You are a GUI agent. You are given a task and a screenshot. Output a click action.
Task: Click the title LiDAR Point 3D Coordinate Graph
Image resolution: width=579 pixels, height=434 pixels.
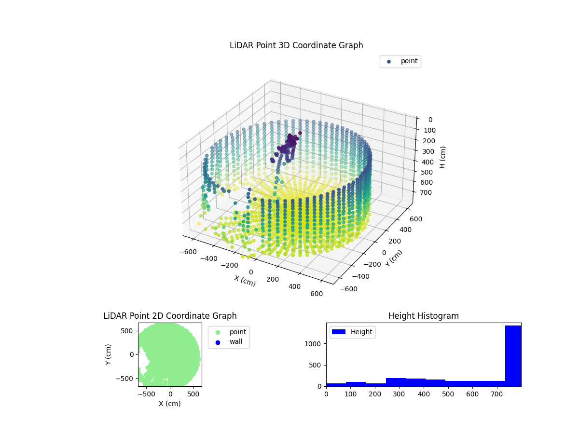(296, 45)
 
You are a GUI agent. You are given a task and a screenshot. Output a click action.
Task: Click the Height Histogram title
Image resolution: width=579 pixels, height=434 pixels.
(423, 316)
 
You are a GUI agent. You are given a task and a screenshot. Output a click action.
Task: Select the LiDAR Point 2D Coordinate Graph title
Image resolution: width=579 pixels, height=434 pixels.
(170, 316)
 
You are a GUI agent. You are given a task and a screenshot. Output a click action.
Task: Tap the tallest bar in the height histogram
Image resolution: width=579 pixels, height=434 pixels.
(513, 355)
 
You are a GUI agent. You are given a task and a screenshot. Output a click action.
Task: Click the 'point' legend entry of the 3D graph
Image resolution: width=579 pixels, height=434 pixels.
(409, 61)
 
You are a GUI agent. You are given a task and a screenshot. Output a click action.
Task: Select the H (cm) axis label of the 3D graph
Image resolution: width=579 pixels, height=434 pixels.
(442, 157)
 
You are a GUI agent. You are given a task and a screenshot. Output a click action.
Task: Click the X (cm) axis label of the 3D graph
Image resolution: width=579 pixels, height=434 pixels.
(245, 281)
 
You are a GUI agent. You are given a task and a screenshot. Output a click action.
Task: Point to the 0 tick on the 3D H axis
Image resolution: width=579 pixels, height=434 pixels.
(430, 120)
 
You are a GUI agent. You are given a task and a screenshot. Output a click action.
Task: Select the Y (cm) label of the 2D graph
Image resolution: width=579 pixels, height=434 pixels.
(109, 354)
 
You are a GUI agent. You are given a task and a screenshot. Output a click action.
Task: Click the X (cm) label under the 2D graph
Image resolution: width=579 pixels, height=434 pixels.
(170, 404)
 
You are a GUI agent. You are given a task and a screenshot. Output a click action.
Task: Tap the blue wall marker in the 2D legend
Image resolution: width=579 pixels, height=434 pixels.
(217, 342)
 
